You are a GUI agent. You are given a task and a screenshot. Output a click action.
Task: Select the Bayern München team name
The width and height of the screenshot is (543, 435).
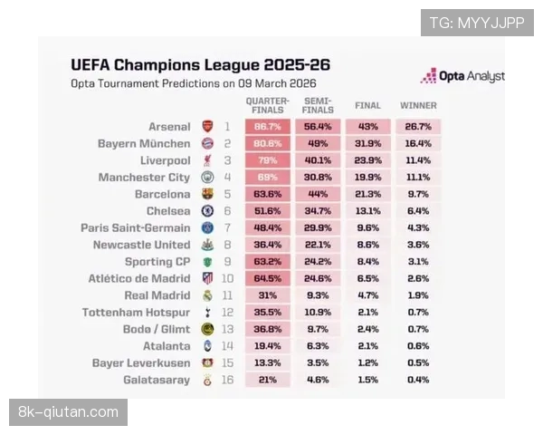[x=144, y=144]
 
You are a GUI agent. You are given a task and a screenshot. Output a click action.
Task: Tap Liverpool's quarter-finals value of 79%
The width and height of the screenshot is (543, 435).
[x=267, y=160]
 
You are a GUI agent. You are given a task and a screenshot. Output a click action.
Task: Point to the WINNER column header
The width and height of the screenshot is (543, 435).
[x=418, y=105]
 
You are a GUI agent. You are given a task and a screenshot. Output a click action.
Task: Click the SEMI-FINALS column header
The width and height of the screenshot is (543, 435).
[x=317, y=104]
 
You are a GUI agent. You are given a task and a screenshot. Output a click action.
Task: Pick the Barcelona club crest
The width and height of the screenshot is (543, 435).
[x=207, y=195]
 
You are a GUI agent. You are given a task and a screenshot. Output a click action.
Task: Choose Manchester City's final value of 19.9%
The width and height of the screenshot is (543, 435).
[x=367, y=178]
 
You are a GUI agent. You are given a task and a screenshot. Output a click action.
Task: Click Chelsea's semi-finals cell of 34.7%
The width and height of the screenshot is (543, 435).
[x=317, y=211]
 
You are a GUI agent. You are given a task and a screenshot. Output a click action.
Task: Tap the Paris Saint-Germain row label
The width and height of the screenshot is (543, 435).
[x=136, y=228]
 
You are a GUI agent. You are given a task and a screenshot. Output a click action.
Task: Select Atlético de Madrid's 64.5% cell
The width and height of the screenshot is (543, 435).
[x=267, y=279]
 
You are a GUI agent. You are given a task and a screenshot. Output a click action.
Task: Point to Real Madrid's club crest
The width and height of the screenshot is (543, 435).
[x=207, y=295]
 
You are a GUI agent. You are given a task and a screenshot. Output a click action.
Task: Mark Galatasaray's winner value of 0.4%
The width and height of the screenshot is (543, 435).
[x=418, y=381]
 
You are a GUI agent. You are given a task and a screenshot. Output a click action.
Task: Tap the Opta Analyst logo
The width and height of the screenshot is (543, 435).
[x=462, y=76]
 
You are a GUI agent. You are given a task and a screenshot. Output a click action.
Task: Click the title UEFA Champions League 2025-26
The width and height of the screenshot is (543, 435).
[x=200, y=65]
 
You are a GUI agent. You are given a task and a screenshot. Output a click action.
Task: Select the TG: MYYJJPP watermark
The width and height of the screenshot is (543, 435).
[x=477, y=23]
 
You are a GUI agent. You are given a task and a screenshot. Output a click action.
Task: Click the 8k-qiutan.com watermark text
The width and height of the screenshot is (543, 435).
[x=69, y=412]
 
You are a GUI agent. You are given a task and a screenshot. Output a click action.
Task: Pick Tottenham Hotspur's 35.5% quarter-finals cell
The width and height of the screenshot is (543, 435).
[x=267, y=313]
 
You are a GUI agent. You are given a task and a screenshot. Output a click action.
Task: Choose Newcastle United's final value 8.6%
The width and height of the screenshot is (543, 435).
[x=367, y=245]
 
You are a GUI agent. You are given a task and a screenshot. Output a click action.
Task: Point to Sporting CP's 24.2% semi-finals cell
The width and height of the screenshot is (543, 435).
[x=317, y=262]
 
